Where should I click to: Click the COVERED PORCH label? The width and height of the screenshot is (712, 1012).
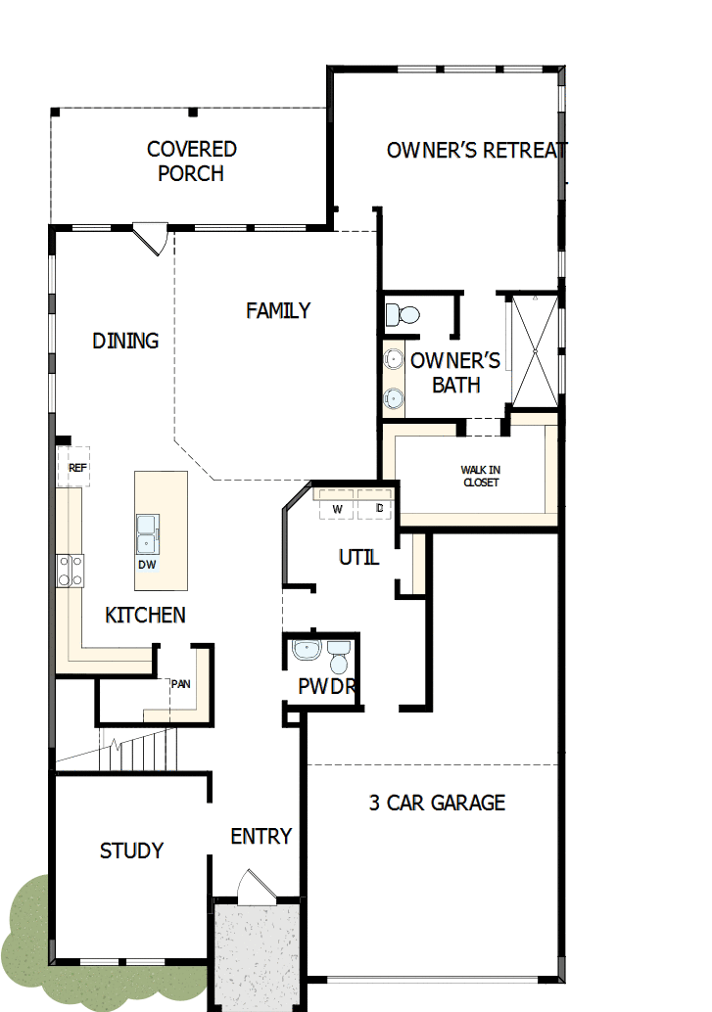[x=192, y=161]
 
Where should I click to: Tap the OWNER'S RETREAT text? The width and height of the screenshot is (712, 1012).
[x=476, y=150]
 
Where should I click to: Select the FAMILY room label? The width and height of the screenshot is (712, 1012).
[x=278, y=310]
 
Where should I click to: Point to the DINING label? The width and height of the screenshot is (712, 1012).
[x=125, y=341]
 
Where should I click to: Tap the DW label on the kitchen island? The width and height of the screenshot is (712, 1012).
[x=147, y=565]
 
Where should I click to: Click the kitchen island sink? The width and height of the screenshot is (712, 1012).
[x=146, y=534]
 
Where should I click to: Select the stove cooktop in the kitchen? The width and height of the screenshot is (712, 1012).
[x=71, y=570]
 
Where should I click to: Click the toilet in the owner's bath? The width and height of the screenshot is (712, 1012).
[x=403, y=314]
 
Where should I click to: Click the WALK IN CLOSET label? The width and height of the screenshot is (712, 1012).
[x=480, y=477]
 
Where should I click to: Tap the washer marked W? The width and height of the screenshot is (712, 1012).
[x=337, y=509]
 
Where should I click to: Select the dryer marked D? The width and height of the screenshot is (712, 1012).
[x=379, y=509]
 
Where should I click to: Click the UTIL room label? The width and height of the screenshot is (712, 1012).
[x=358, y=558]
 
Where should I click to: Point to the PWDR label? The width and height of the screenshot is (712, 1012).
[x=327, y=686]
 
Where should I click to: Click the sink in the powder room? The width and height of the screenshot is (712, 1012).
[x=307, y=650]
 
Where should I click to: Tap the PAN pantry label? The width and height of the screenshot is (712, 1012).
[x=180, y=684]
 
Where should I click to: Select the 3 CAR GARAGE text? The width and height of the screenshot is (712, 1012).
[x=437, y=803]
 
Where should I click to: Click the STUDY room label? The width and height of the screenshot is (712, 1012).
[x=131, y=851]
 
